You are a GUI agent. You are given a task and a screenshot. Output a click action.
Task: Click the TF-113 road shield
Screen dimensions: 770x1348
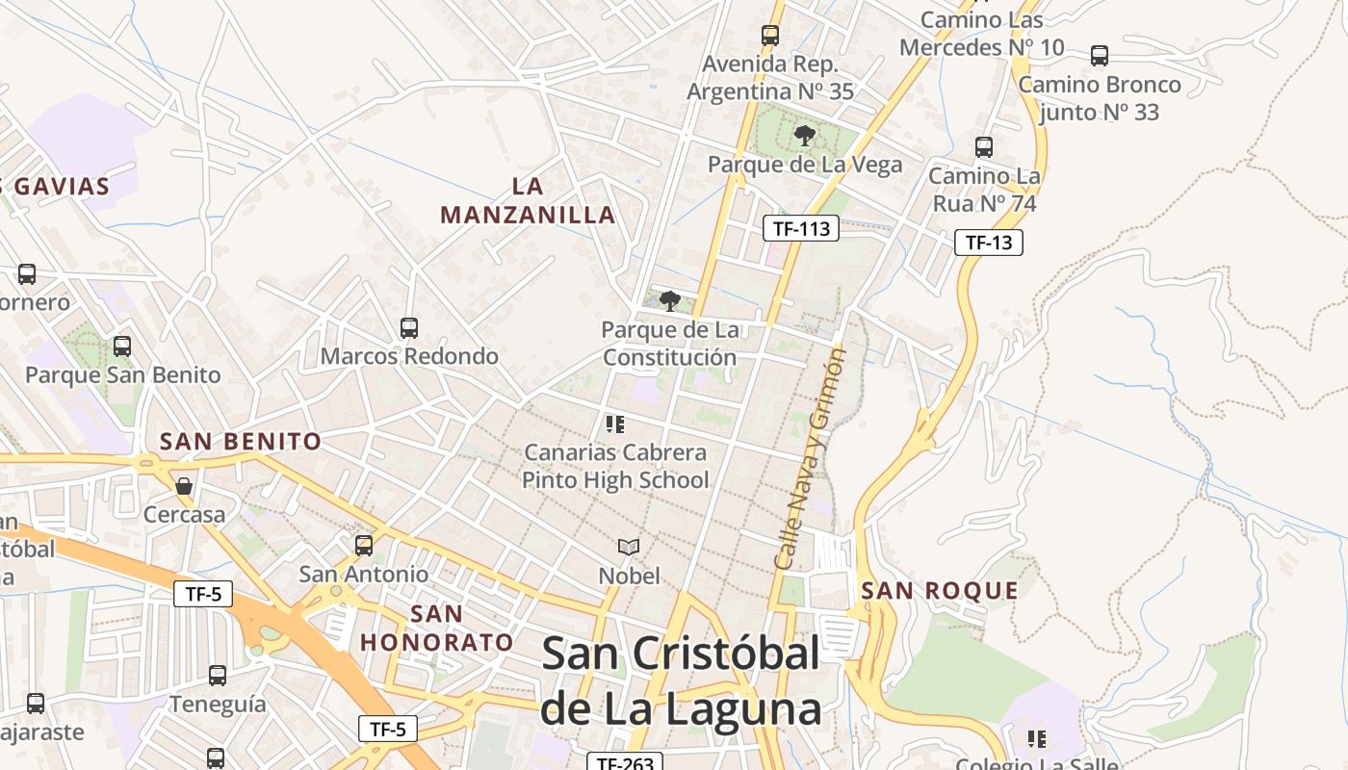801,229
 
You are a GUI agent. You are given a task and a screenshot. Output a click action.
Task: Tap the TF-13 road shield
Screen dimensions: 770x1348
989,243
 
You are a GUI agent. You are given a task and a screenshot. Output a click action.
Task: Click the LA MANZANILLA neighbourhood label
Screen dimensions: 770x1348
528,200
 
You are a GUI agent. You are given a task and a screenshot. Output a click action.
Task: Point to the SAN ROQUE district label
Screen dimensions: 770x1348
940,591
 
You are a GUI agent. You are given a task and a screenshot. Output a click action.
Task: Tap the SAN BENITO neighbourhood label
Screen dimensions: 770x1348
241,442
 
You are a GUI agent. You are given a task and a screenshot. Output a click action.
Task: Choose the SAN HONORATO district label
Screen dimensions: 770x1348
437,629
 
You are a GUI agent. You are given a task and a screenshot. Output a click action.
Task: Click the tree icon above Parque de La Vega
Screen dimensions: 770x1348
805,136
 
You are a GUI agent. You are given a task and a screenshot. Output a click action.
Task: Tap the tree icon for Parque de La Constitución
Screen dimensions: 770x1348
670,301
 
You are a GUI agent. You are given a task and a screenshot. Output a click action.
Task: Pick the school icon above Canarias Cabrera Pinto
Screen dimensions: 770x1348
615,423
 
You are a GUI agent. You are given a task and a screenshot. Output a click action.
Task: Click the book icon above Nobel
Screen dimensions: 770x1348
629,548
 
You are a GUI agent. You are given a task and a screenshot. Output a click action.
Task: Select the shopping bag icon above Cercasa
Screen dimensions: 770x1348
184,486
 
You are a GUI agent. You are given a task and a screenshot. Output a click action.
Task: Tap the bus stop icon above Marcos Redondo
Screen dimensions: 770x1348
409,328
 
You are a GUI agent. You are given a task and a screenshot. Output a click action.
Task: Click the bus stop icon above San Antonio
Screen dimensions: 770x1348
364,546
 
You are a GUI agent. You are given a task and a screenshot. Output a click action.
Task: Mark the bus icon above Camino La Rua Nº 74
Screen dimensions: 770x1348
984,147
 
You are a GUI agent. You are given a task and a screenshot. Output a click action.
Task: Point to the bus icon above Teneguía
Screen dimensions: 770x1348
218,676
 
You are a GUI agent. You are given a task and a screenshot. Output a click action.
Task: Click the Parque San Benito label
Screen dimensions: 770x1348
123,375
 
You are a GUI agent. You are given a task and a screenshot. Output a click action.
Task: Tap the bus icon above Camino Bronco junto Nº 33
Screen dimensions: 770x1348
1100,56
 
